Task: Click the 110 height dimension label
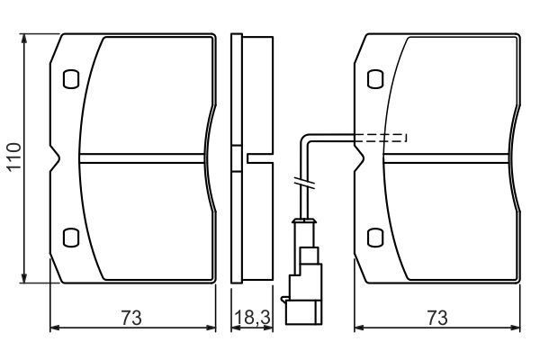[14, 157]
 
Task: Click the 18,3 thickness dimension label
[252, 318]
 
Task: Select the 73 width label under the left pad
[130, 318]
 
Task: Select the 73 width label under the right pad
[437, 318]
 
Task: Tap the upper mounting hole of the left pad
[71, 79]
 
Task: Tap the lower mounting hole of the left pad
[71, 238]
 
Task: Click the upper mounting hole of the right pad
[375, 79]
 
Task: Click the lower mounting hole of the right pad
[375, 238]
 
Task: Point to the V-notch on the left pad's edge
[55, 158]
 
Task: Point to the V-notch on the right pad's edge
[359, 158]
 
